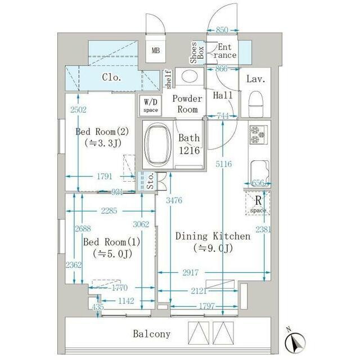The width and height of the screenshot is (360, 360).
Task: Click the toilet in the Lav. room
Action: (256, 103)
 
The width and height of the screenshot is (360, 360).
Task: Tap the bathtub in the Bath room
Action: (157, 146)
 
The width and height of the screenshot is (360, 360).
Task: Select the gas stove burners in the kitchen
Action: (259, 135)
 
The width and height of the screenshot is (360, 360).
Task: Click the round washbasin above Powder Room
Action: (190, 76)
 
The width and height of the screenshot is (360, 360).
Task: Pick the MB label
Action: (156, 50)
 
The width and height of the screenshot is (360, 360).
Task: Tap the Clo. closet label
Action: (111, 78)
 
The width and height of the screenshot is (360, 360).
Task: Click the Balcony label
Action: (152, 334)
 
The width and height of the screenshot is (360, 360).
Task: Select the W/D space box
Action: (151, 105)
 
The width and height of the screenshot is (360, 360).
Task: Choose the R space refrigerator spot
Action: (258, 204)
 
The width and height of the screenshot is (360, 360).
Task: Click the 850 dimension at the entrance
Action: (222, 30)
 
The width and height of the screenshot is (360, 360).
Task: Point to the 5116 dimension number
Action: (224, 164)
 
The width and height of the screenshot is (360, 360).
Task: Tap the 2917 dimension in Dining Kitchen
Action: (190, 272)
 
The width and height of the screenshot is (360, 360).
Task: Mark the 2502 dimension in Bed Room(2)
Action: (79, 110)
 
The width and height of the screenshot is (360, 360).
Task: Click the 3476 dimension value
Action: (174, 200)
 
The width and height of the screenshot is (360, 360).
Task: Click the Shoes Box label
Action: (197, 52)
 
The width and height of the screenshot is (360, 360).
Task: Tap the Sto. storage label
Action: (150, 181)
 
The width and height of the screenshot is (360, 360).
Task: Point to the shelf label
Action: (168, 79)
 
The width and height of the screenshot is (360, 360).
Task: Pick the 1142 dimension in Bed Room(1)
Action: (126, 301)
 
